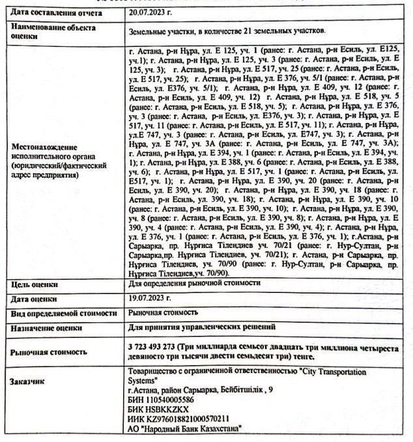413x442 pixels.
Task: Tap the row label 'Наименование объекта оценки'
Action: click(53, 32)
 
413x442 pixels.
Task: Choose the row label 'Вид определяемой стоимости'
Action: click(63, 312)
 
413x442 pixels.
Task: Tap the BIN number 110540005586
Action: click(171, 399)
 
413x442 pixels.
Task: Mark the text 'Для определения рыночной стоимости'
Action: click(195, 284)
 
